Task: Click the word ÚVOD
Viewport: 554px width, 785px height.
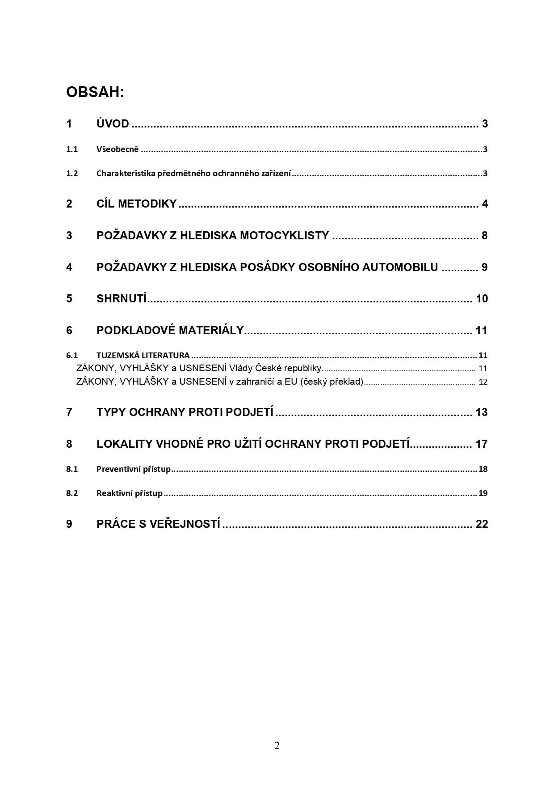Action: pos(113,124)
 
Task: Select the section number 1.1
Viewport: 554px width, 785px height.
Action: pos(72,149)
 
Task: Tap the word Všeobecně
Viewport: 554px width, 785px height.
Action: pos(118,149)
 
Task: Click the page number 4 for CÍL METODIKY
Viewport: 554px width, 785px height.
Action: pos(485,204)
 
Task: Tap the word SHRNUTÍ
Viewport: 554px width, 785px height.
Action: pos(122,299)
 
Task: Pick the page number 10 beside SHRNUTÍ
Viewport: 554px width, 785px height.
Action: pos(482,299)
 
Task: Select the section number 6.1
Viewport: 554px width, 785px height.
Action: pos(72,356)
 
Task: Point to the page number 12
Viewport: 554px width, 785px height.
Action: pos(483,382)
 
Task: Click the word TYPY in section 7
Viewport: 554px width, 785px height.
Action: pos(111,412)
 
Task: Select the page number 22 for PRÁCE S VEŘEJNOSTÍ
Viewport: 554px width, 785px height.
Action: pos(482,524)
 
